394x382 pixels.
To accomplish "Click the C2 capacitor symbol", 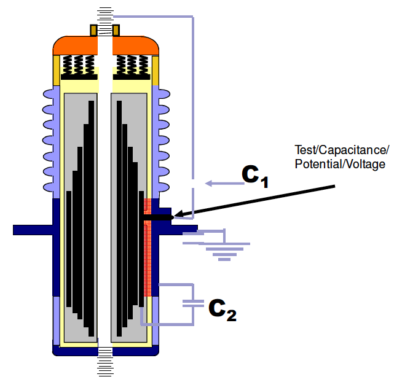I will click(193, 302).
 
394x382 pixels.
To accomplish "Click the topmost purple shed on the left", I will click(49, 94).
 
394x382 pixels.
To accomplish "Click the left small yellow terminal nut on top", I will click(93, 29).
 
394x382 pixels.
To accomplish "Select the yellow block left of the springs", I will click(56, 70).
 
